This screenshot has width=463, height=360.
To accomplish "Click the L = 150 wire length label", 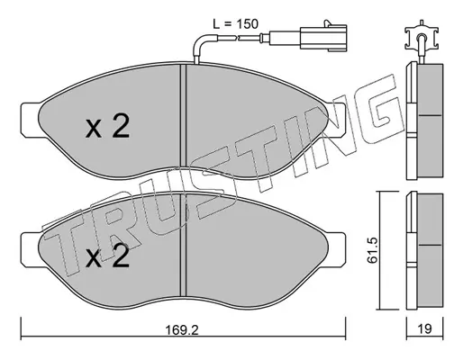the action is click(235, 23).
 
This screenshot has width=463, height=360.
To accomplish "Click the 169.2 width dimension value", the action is click(182, 330).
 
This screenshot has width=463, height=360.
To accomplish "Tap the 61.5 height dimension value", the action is click(372, 250).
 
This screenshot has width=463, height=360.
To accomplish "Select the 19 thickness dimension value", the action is click(424, 329).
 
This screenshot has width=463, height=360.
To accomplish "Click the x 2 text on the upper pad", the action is click(107, 126).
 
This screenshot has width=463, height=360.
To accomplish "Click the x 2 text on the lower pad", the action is click(107, 256).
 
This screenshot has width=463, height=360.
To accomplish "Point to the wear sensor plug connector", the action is click(323, 38).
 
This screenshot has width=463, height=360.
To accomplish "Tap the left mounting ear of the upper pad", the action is click(30, 120).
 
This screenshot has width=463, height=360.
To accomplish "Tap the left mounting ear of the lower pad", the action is click(30, 250).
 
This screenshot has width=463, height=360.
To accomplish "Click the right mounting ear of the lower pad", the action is click(337, 250).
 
